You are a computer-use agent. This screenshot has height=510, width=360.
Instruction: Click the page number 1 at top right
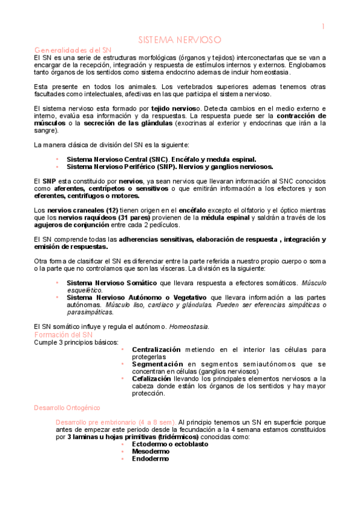click(x=323, y=26)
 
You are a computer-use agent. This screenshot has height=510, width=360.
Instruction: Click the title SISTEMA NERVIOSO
click(x=180, y=39)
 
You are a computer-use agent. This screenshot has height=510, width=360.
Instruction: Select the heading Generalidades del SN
click(x=73, y=49)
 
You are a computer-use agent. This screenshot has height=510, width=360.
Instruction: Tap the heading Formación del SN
click(x=63, y=334)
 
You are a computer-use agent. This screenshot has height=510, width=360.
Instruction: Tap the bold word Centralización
click(x=156, y=349)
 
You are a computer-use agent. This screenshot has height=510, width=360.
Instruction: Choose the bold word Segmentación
click(x=157, y=364)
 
